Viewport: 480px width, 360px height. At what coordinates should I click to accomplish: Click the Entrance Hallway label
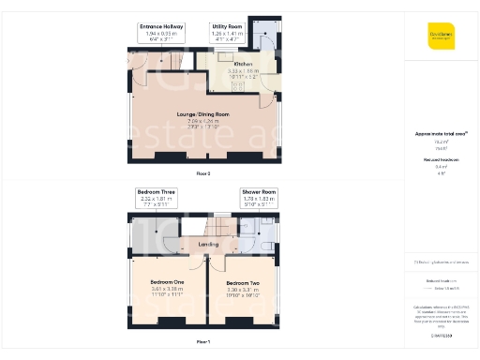(x=161, y=27)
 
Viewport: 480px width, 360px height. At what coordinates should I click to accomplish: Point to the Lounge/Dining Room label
(x=202, y=114)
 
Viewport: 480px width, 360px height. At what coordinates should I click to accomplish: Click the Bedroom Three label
(x=156, y=192)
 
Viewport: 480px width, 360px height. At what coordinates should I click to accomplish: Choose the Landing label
(x=208, y=244)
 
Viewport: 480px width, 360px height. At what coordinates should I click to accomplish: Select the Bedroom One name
(x=167, y=282)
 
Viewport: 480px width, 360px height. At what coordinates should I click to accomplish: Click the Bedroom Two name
(x=242, y=282)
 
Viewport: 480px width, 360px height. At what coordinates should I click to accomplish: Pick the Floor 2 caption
(x=202, y=174)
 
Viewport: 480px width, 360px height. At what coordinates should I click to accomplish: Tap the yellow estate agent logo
(x=441, y=35)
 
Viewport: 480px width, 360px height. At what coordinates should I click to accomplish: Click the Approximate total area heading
(x=441, y=135)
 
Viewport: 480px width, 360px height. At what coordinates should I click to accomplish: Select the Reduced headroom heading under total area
(x=441, y=161)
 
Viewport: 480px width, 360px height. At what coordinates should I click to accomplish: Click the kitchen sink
(x=228, y=53)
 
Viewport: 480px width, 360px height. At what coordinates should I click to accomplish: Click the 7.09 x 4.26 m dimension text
(x=202, y=121)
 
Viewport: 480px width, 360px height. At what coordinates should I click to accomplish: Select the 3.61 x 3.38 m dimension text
(x=167, y=289)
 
